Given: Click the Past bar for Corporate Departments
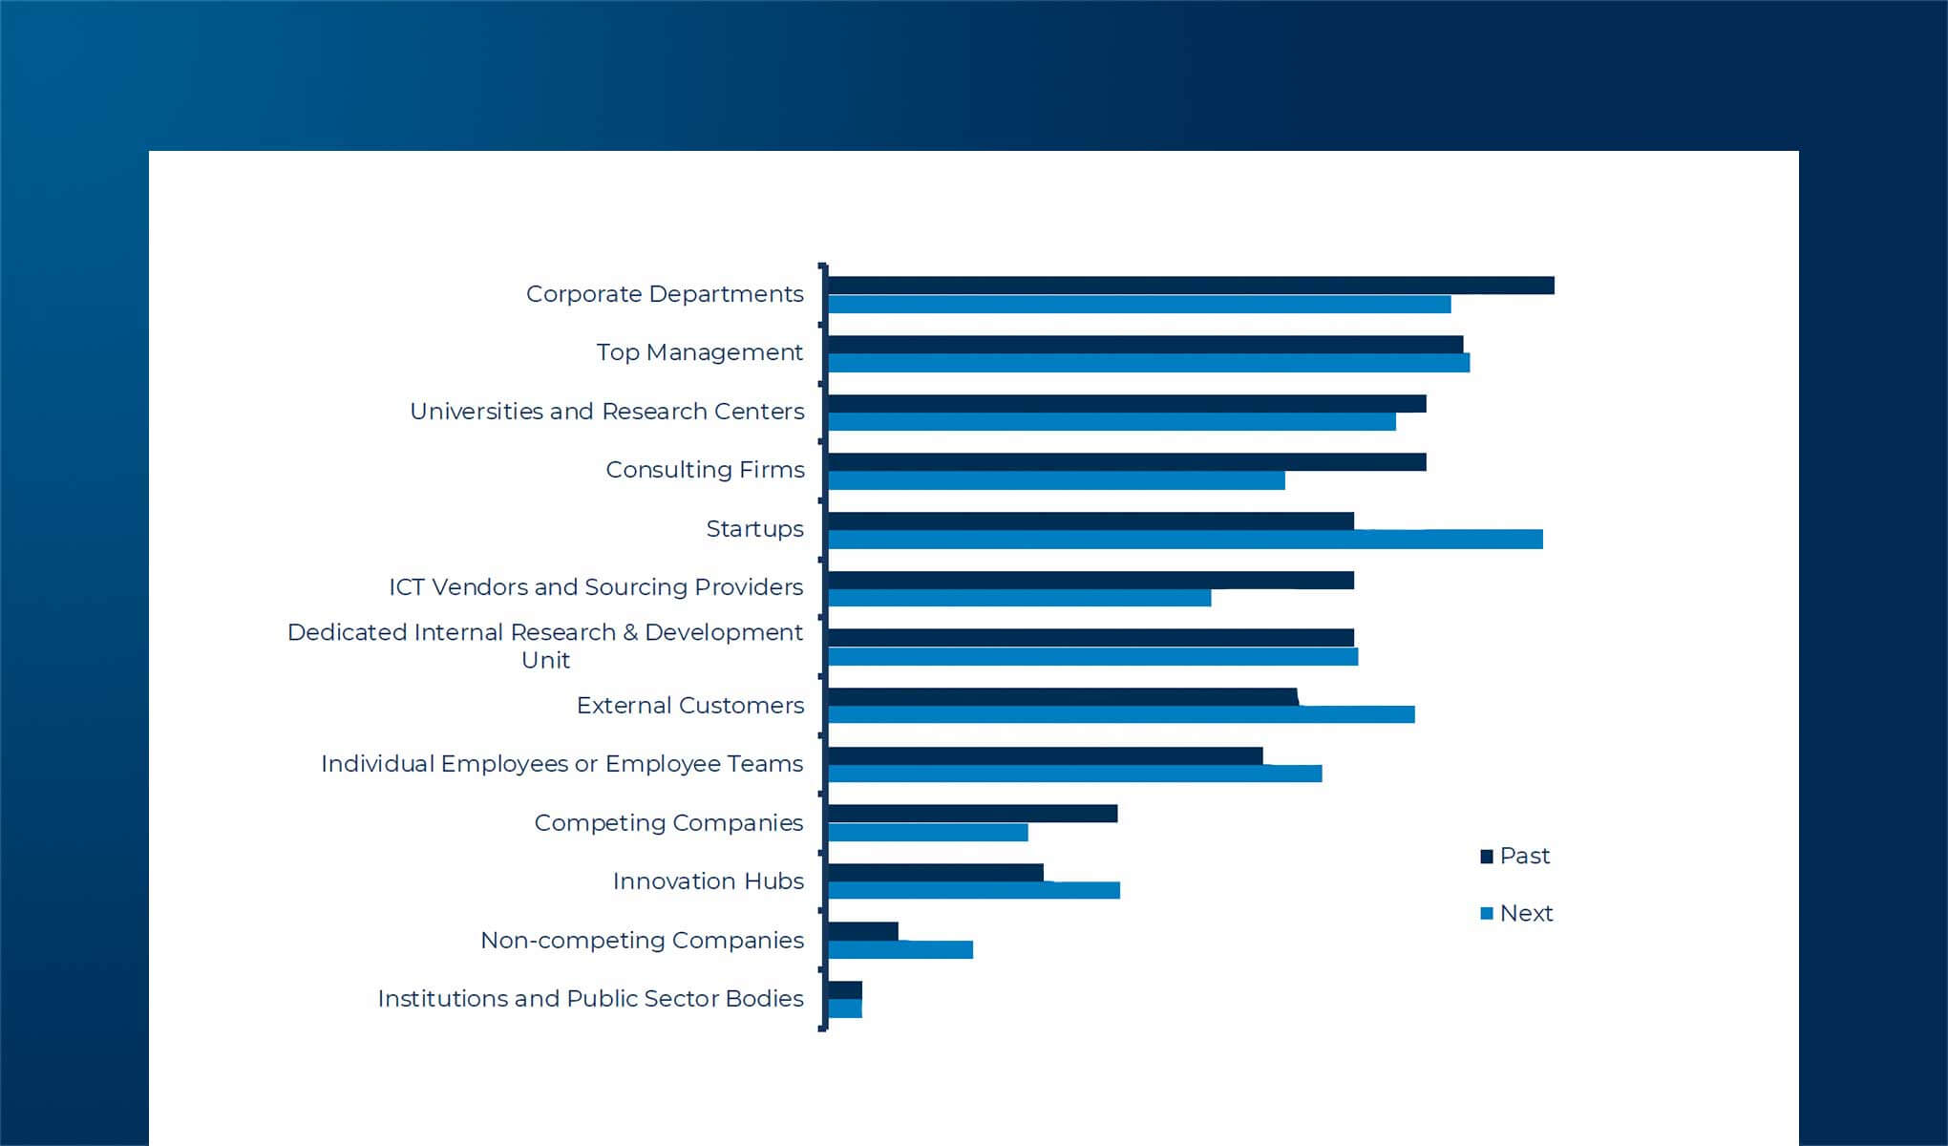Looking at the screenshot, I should point(1191,286).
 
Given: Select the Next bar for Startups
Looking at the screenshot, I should point(1185,540).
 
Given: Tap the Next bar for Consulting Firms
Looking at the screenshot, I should point(1056,480).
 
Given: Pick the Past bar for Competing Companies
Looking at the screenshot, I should point(972,814).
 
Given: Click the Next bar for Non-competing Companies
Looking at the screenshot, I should point(900,949).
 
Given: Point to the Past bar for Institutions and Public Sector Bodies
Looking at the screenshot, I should point(845,990).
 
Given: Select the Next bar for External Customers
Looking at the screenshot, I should point(1121,714).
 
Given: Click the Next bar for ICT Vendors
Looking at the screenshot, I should point(1019,598).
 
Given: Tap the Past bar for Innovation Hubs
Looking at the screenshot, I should point(936,873).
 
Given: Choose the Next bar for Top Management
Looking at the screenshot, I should point(1149,363).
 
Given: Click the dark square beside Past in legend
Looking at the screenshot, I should point(1487,857).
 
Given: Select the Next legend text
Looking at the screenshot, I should point(1526,914).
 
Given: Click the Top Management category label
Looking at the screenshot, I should point(699,352).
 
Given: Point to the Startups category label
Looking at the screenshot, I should point(754,529).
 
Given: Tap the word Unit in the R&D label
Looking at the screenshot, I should point(545,660).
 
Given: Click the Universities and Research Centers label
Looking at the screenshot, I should point(606,412).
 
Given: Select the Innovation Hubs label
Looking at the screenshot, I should point(708,881).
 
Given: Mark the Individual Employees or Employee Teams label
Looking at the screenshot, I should point(561,764).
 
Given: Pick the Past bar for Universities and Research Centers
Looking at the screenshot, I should point(1127,404).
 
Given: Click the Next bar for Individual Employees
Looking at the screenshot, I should point(1074,774).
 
